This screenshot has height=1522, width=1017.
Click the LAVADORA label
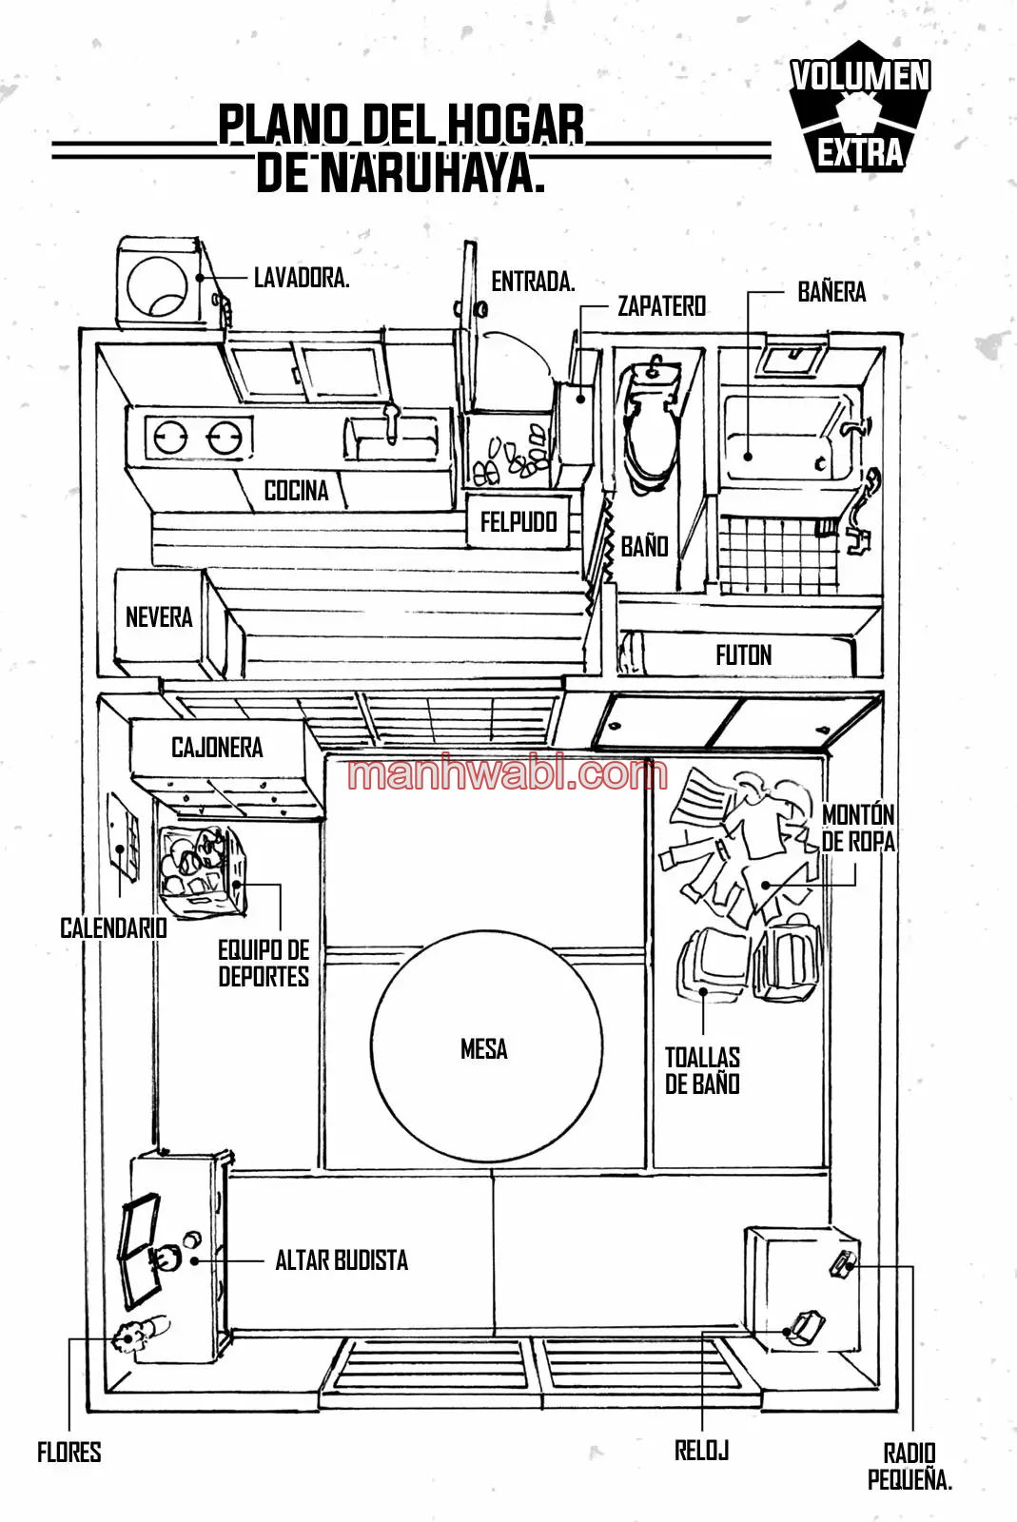[302, 278]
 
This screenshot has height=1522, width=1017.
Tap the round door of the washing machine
[157, 286]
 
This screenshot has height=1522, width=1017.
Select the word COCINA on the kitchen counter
[296, 490]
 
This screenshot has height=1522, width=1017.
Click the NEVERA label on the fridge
[159, 617]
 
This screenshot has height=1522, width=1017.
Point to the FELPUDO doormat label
[518, 522]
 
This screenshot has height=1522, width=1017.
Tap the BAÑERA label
[831, 292]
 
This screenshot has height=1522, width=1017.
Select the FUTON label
[744, 655]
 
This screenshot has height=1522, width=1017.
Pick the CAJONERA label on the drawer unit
[217, 748]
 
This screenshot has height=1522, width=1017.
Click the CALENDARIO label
[113, 928]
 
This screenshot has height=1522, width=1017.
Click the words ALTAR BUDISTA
[342, 1260]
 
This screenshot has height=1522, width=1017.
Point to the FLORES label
[68, 1453]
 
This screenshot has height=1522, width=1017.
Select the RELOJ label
[702, 1451]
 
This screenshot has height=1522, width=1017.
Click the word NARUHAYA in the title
[433, 175]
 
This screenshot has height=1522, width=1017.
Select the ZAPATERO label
[662, 306]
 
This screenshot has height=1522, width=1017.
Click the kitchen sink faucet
[391, 422]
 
